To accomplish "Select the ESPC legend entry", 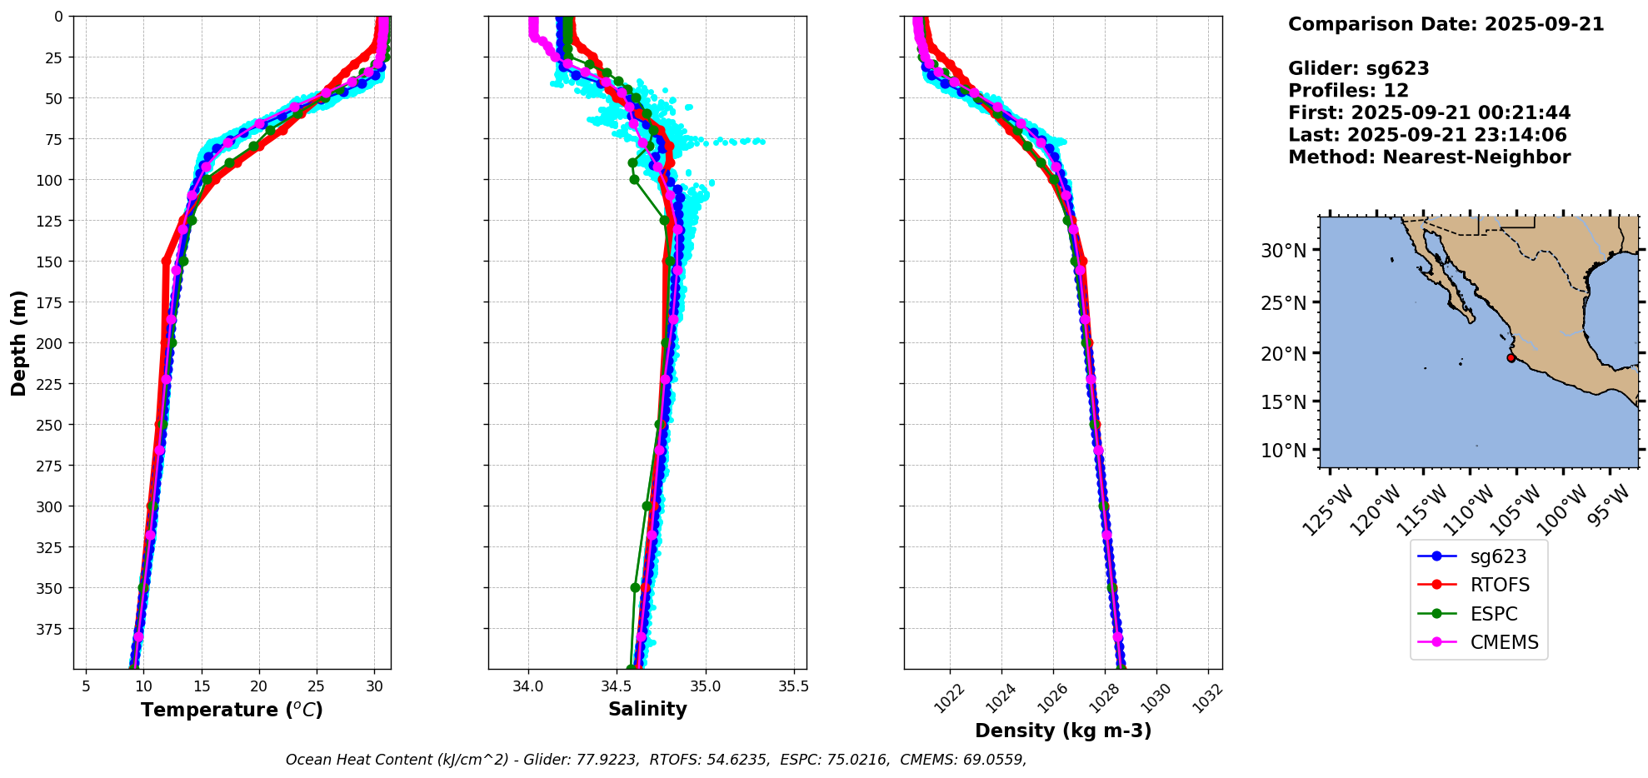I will tap(1493, 615).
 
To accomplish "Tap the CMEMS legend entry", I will tap(1504, 643).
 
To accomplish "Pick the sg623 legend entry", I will tap(1498, 557).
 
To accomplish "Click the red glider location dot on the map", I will tap(1511, 358).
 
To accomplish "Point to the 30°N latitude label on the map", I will tap(1283, 251).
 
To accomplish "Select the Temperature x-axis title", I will tap(232, 711).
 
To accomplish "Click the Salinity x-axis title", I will tap(647, 710).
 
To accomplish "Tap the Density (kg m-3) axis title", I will tap(1063, 731).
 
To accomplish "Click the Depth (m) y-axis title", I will tap(18, 343).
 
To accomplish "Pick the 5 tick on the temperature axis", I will tap(86, 687).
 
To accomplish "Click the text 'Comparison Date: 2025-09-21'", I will tap(1446, 25).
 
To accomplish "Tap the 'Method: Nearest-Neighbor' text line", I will tap(1429, 157).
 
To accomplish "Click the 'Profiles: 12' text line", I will tap(1348, 91).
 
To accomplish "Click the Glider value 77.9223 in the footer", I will tap(606, 760).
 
